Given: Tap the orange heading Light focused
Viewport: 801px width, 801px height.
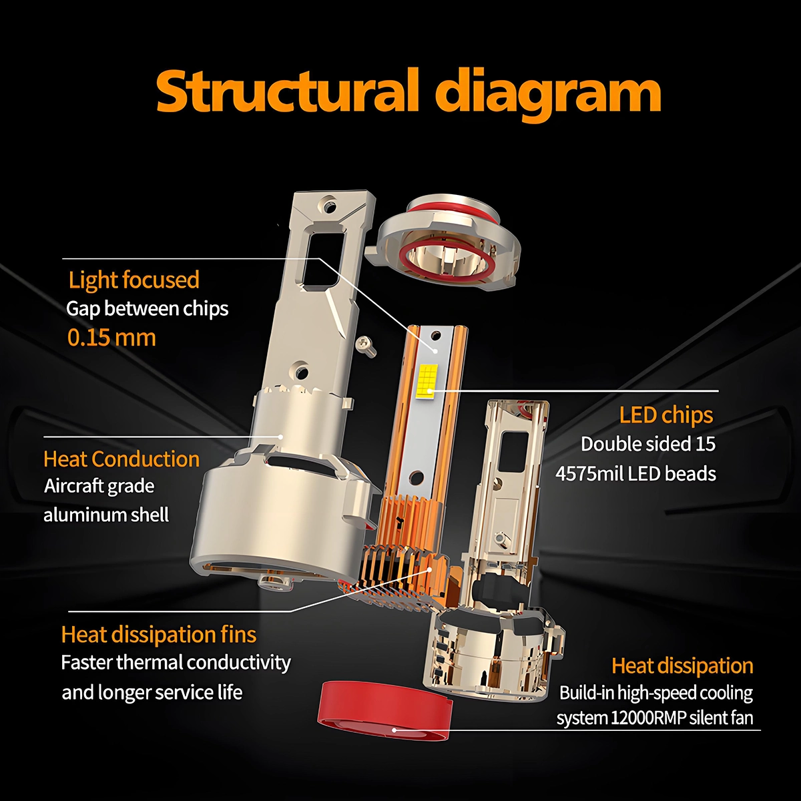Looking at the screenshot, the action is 134,280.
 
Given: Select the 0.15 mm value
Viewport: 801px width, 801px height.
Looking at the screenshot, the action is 111,337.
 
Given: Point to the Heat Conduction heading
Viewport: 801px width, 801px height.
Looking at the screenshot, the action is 121,459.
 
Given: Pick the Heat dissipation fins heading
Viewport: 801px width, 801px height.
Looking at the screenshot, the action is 159,635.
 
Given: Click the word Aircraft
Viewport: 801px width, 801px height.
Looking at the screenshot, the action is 99,486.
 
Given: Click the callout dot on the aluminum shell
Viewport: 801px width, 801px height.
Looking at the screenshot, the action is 281,437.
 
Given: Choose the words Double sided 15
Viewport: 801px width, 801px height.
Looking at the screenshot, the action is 648,444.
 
